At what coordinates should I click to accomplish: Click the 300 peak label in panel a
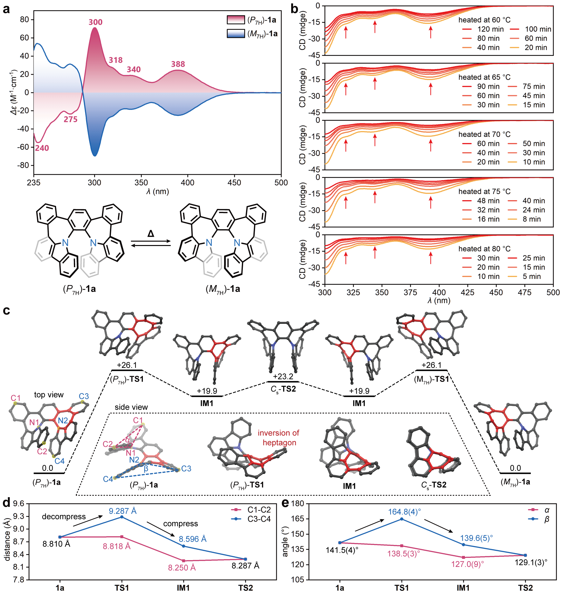(95, 22)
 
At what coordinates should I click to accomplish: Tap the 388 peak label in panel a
(178, 64)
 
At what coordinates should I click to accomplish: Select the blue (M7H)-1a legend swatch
(236, 34)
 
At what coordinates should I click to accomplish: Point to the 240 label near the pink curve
(42, 148)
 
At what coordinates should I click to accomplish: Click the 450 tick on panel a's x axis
(234, 183)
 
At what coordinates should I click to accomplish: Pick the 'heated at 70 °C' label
(484, 134)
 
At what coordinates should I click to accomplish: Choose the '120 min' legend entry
(490, 29)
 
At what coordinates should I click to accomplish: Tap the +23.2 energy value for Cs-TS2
(283, 376)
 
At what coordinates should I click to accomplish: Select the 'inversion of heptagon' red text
(279, 438)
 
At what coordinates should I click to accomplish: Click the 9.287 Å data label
(123, 511)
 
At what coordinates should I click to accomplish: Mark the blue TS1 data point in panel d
(122, 517)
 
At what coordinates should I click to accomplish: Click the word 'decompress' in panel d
(64, 517)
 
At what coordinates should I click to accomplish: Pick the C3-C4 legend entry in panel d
(259, 519)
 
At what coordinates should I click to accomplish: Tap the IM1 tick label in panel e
(463, 588)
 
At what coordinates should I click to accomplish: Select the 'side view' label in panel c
(131, 407)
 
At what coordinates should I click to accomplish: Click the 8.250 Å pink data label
(182, 568)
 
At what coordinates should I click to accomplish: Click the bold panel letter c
(6, 311)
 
